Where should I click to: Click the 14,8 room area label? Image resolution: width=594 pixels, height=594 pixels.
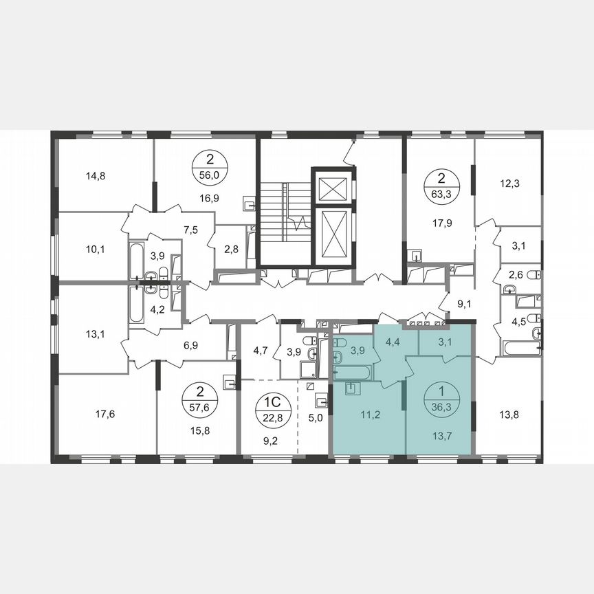(x=96, y=175)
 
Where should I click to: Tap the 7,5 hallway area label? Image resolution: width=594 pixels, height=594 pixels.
(x=190, y=230)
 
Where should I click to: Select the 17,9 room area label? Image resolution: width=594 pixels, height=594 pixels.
(x=439, y=221)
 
